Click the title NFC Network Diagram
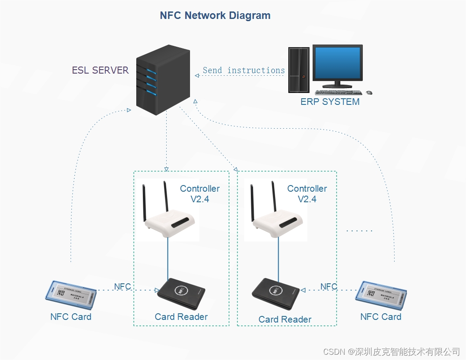215,15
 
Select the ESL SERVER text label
101,70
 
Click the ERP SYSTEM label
330,102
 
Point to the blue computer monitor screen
337,62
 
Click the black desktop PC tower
298,70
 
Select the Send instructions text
243,71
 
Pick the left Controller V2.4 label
200,194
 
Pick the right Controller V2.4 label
307,194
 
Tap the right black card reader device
276,293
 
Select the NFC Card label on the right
380,317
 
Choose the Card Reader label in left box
181,317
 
